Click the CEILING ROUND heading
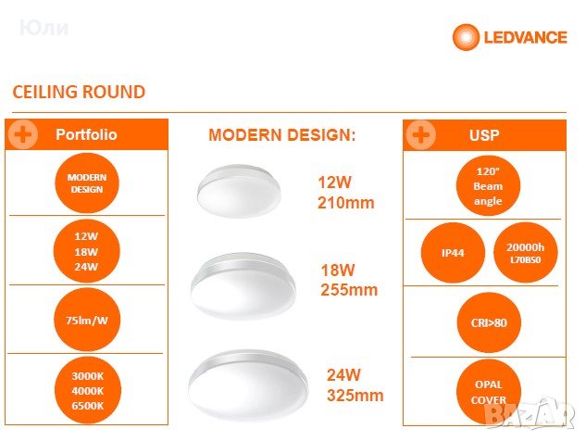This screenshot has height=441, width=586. click(79, 92)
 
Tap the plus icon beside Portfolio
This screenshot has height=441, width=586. click(23, 134)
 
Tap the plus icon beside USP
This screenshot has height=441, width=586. click(421, 134)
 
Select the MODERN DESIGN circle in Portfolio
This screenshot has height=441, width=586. click(87, 183)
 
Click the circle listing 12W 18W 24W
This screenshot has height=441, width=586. click(87, 250)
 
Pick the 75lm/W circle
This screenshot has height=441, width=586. click(87, 321)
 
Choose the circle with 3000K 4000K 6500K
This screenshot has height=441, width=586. click(87, 389)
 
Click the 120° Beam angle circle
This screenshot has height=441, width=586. click(487, 185)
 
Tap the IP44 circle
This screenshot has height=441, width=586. click(454, 252)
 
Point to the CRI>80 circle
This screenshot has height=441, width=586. click(488, 321)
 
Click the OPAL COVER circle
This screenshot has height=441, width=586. click(488, 390)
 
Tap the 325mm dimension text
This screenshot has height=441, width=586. click(355, 396)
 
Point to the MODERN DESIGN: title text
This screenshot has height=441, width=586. click(281, 135)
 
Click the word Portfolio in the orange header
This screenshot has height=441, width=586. click(87, 134)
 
